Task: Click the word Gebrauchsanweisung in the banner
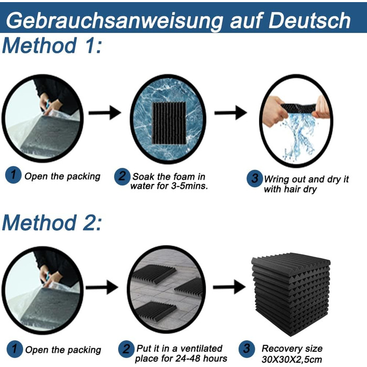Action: coord(114,21)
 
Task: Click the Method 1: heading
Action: coord(52,46)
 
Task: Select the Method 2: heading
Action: coord(52,223)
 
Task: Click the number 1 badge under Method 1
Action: coord(13,175)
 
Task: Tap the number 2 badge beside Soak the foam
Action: coord(122,177)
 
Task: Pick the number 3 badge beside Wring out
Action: coord(255,178)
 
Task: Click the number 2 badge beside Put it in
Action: coord(126,349)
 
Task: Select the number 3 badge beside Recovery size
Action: coord(247,349)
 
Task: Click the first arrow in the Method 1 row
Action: coord(105,113)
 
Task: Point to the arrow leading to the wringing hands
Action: coord(231,113)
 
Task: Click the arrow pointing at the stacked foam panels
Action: coord(229,287)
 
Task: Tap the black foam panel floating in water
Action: coord(169,123)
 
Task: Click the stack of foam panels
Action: coord(291,294)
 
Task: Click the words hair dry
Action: coord(302,189)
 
